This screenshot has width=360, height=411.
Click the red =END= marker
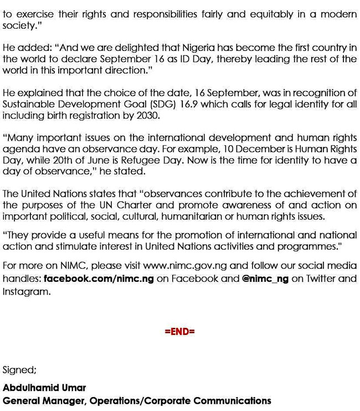179,332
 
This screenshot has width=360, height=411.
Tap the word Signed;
19,370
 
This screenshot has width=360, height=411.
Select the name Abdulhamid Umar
44,388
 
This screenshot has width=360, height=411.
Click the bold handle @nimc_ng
265,279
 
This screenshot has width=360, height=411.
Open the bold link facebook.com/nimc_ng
99,279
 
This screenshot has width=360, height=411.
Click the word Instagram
26,291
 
